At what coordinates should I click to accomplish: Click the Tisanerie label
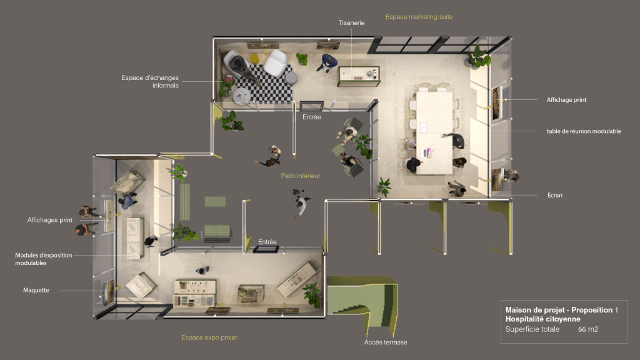click(x=351, y=23)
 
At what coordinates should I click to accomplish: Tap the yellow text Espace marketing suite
click(x=419, y=17)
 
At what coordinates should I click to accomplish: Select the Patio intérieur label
click(x=301, y=176)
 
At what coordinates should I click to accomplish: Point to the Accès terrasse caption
click(x=385, y=342)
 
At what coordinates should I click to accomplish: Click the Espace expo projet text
click(x=209, y=337)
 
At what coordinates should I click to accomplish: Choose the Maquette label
click(x=36, y=290)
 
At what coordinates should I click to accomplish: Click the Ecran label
click(x=555, y=195)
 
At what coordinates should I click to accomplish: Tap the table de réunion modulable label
click(x=584, y=131)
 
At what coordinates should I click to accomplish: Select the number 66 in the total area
click(x=582, y=329)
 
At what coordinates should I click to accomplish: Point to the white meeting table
click(x=434, y=132)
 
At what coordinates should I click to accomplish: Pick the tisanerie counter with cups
click(x=359, y=76)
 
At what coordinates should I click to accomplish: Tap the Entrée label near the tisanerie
click(x=311, y=117)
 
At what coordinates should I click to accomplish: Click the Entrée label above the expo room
click(x=267, y=242)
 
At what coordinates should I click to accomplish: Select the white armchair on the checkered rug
click(x=275, y=62)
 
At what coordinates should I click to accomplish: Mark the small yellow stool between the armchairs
click(x=254, y=59)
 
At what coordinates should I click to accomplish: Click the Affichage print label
click(x=566, y=99)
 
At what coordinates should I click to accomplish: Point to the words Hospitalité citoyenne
click(x=542, y=319)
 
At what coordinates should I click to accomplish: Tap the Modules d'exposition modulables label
click(x=43, y=259)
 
